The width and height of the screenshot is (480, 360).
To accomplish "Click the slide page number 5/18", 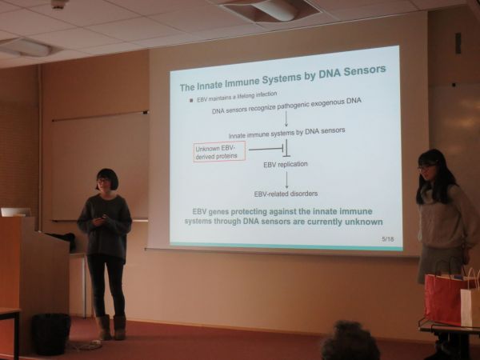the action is click(388, 238).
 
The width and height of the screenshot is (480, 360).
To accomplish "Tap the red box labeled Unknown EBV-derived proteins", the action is click(219, 151).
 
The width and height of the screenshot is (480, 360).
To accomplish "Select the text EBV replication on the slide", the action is click(286, 164).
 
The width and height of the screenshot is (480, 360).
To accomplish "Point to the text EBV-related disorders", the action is click(286, 194).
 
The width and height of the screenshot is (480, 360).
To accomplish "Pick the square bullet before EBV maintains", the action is click(191, 100).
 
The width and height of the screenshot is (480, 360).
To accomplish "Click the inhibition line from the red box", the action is click(266, 149).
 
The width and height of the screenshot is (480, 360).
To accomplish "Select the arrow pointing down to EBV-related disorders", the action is click(287, 180).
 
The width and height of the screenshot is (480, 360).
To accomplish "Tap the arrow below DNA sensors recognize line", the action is click(286, 118).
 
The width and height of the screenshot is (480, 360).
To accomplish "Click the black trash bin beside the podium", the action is click(50, 334).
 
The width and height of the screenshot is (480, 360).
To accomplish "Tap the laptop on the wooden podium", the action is click(15, 212).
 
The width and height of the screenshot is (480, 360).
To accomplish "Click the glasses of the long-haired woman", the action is click(426, 167).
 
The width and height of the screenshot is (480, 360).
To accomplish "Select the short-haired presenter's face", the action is click(104, 182).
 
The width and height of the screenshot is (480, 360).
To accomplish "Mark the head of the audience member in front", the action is click(350, 342).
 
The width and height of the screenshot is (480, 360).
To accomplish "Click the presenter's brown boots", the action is click(111, 327).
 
